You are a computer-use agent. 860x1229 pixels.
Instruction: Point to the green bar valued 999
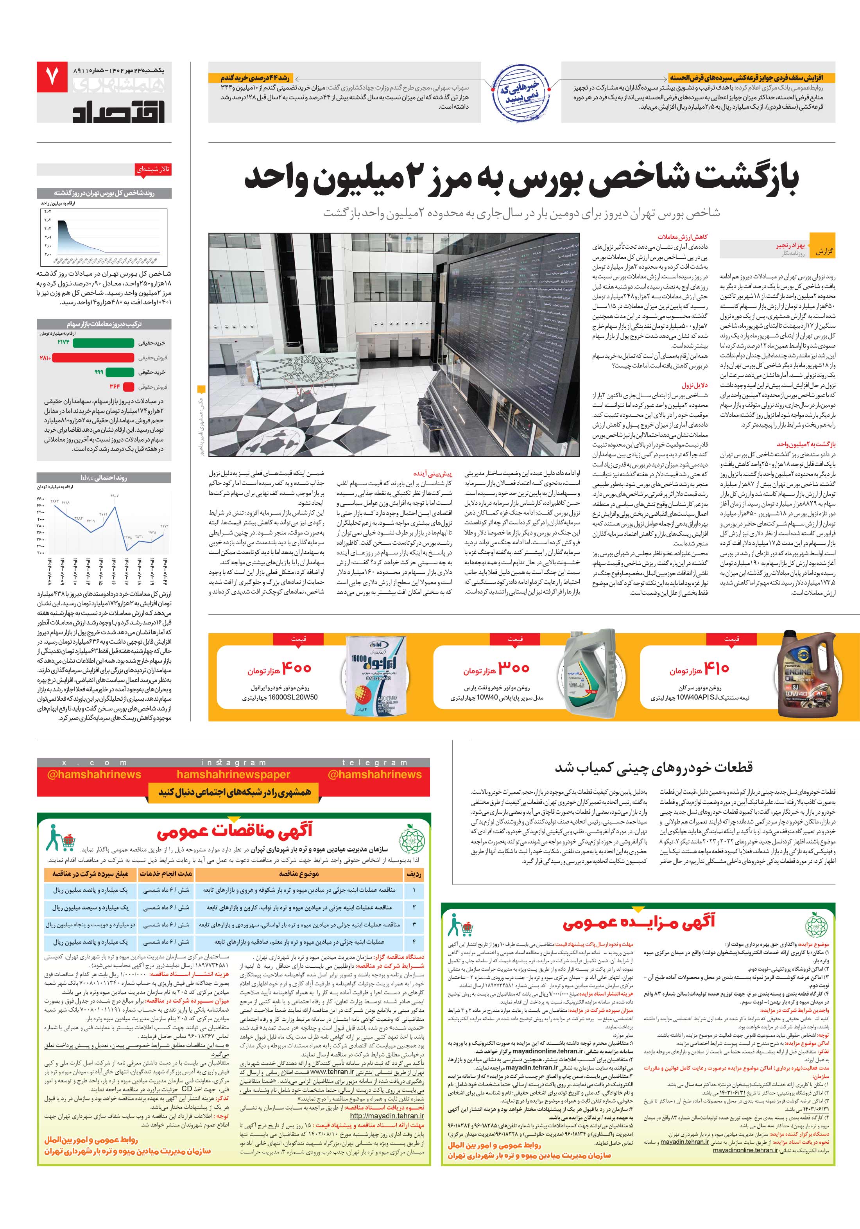pos(119,372)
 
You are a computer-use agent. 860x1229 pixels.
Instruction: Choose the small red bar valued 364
pos(129,386)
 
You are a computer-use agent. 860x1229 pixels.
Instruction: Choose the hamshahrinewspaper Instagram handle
pos(233,775)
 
